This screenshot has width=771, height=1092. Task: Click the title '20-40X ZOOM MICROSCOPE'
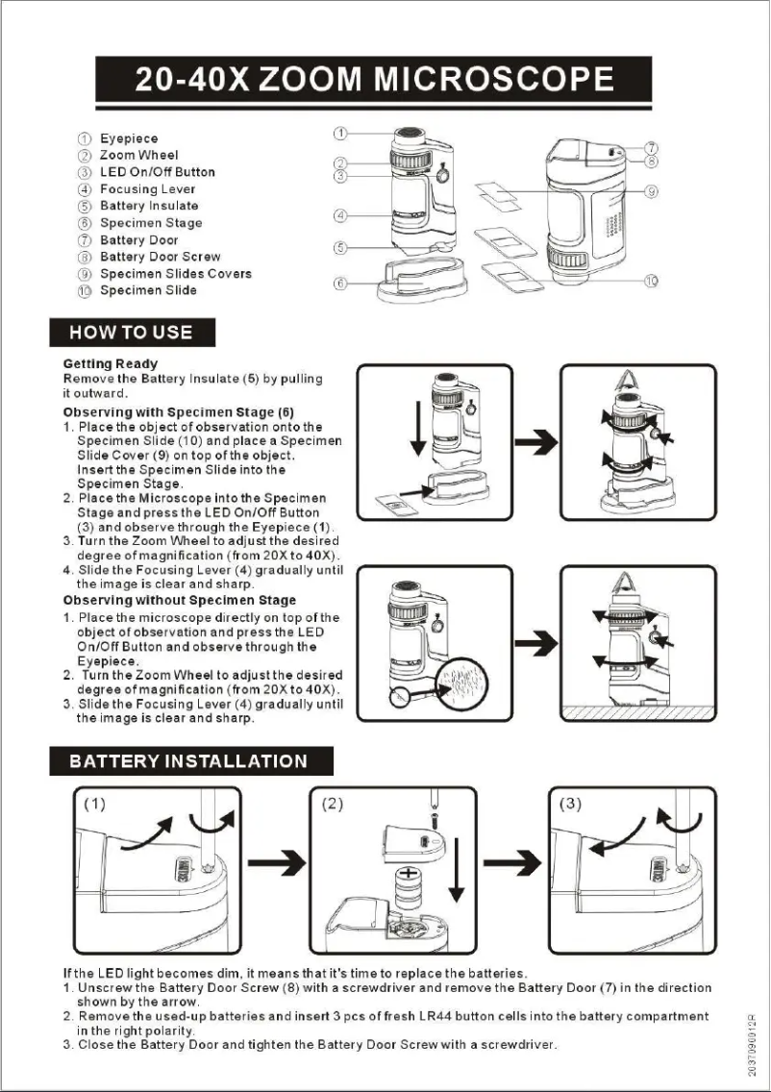pos(374,79)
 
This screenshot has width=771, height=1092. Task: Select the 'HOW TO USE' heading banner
pos(132,333)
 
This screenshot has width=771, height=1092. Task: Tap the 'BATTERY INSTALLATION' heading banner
pos(189,761)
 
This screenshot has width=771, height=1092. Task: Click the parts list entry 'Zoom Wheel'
pos(138,155)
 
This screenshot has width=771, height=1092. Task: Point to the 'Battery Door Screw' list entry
pos(160,257)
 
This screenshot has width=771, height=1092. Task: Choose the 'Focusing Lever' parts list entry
pos(147,189)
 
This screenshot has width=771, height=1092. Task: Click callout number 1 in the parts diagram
pos(340,133)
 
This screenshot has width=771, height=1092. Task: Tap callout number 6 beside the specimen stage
pos(340,283)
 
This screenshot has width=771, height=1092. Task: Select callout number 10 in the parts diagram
pos(651,281)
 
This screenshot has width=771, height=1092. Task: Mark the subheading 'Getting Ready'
pos(110,364)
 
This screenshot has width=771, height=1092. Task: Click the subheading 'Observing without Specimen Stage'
pos(180,601)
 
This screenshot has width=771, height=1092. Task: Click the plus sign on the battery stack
pos(409,875)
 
